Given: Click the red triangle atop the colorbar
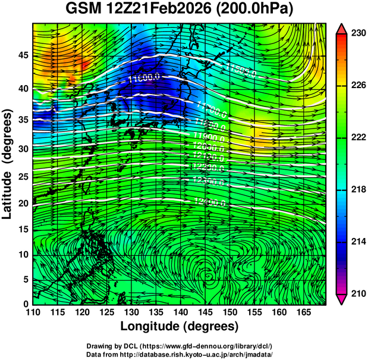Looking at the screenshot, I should [342, 28].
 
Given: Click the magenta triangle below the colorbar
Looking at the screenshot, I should [342, 299].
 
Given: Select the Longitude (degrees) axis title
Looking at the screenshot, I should [180, 326].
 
